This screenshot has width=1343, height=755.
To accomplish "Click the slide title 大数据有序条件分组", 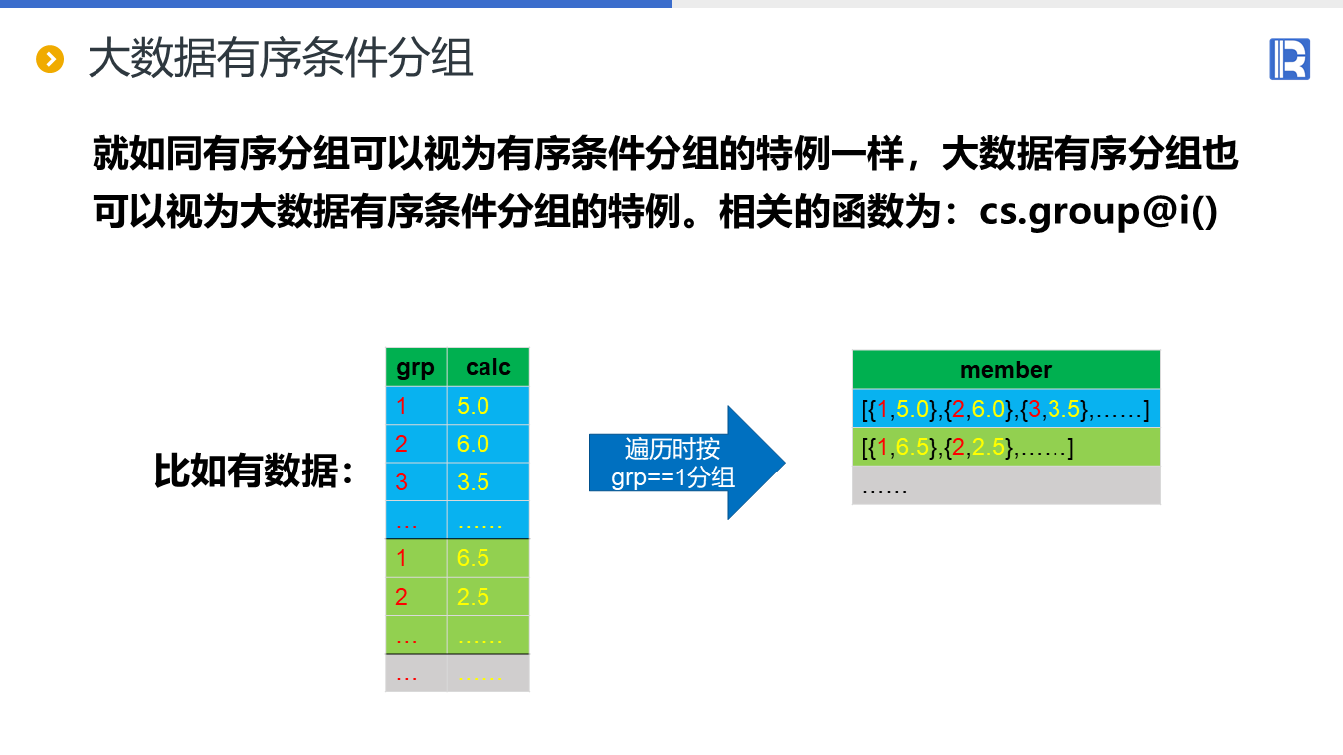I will (280, 60).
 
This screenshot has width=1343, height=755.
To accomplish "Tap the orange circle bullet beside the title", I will (50, 60).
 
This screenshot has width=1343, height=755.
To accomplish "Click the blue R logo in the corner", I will (1289, 59).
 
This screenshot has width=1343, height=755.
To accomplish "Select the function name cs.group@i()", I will (1098, 212).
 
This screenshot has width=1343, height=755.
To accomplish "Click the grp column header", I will (415, 368).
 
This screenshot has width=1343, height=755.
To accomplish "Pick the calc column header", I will (487, 368).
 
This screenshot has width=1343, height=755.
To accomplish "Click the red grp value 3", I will (402, 482).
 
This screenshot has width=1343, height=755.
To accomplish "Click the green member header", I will (1006, 370).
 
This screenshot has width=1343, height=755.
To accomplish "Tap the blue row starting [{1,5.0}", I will (1006, 408).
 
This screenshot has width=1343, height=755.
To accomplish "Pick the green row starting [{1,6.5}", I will (1006, 448).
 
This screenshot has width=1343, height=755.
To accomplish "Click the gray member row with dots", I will (1006, 486).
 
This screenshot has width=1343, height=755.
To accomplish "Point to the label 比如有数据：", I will (255, 471).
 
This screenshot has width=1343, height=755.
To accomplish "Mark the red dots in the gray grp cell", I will (407, 674).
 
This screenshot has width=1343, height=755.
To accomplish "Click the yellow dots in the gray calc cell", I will (480, 674).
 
